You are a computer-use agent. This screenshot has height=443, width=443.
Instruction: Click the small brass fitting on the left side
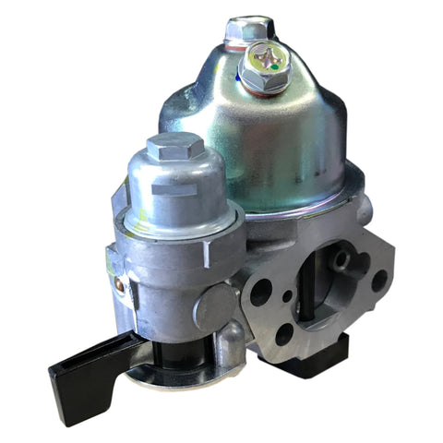(119, 285)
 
